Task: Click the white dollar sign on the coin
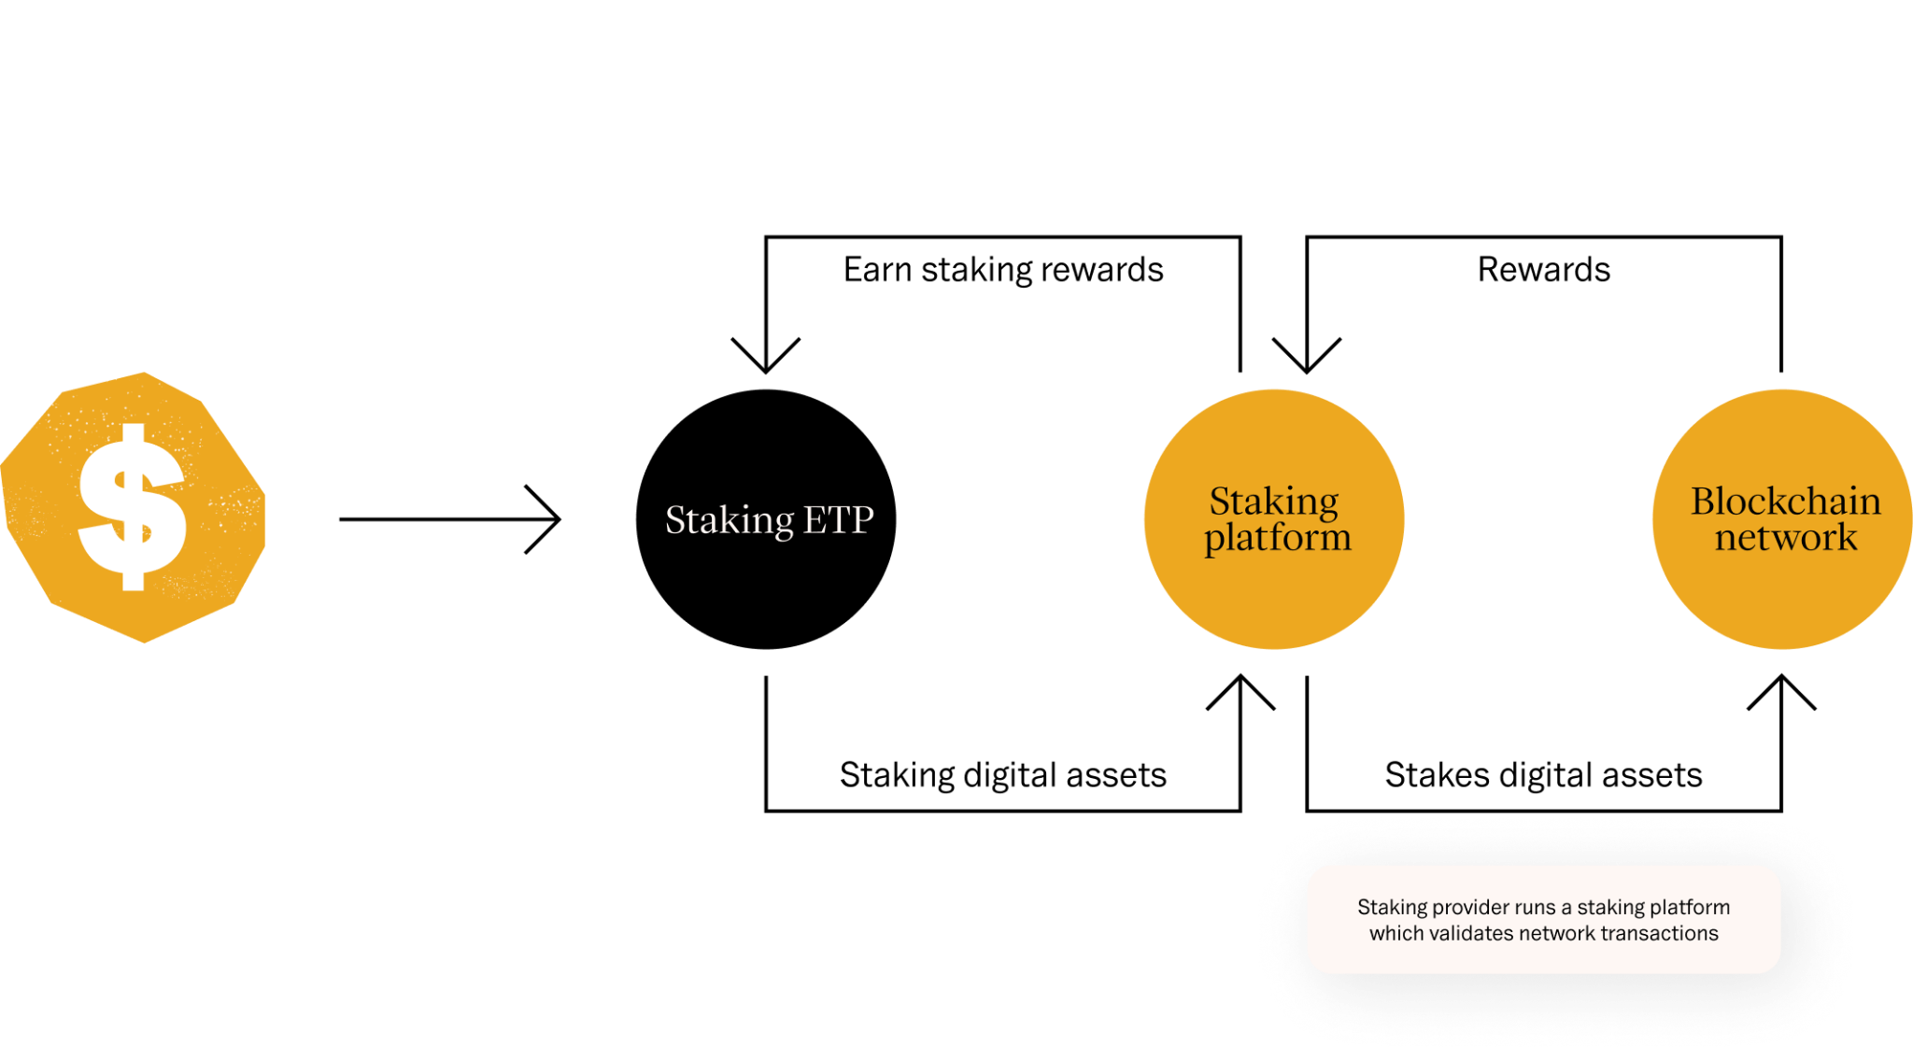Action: coord(133,507)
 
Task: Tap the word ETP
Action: coord(838,520)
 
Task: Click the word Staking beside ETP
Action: coord(730,520)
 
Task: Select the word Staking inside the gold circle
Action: coord(1274,502)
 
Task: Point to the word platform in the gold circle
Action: coord(1277,538)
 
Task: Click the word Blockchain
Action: coord(1785,502)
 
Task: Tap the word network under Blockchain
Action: coord(1786,538)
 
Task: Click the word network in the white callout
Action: coord(1557,933)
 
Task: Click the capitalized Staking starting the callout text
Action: coord(1392,908)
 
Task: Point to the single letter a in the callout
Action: coord(1566,908)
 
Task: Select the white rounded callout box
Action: coord(1543,958)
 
